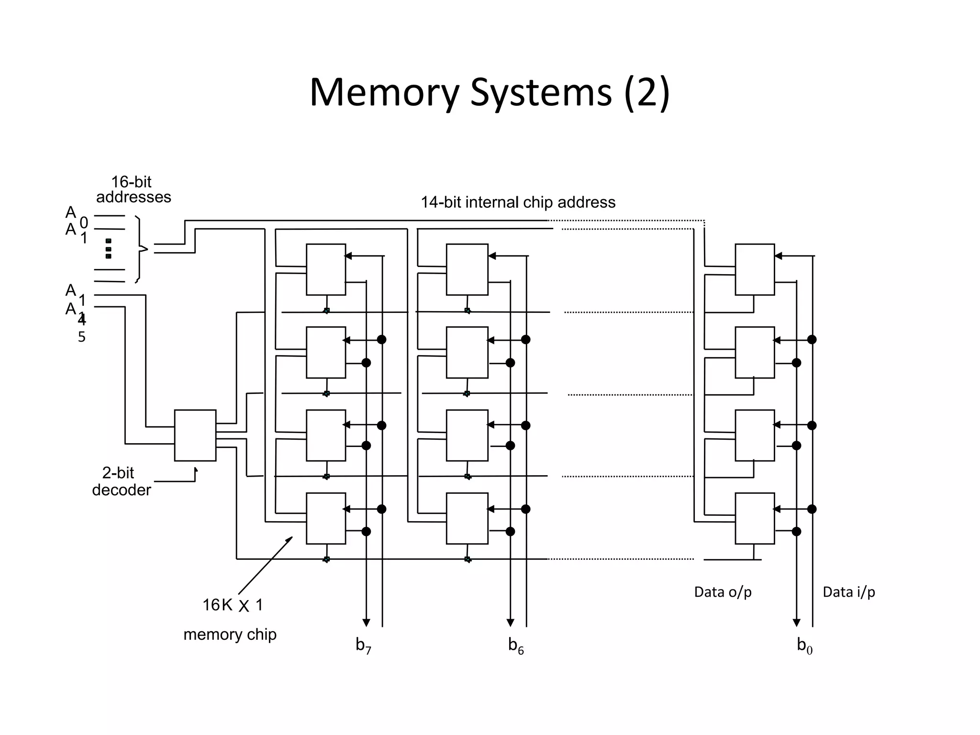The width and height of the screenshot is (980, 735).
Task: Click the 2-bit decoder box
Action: click(195, 435)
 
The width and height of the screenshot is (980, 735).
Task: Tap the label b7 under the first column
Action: click(363, 646)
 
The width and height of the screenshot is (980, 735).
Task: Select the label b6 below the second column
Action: click(516, 646)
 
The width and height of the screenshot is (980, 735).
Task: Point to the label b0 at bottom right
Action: click(804, 646)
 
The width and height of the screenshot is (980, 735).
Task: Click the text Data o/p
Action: click(723, 592)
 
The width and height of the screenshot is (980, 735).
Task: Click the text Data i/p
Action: click(848, 592)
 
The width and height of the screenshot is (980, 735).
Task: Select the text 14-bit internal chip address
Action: click(518, 202)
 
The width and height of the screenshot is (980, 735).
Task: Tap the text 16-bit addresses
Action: click(133, 189)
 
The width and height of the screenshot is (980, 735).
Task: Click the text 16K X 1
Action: click(233, 605)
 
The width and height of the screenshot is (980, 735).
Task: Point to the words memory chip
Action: click(230, 635)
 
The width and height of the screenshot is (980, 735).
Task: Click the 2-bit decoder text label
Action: click(121, 481)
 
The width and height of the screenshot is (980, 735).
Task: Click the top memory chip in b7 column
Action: click(326, 269)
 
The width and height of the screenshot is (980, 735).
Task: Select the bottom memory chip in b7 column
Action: click(326, 518)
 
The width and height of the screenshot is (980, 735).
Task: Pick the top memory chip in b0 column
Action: click(755, 269)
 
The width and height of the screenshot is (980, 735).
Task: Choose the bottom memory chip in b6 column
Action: click(467, 518)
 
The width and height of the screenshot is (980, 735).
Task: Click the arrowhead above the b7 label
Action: click(366, 623)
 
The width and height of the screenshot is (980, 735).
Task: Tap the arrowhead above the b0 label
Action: click(796, 623)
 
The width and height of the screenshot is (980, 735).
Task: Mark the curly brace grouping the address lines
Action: click(140, 249)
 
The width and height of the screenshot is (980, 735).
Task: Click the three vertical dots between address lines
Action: click(109, 249)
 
